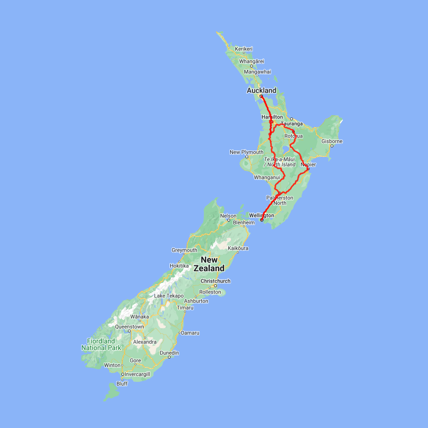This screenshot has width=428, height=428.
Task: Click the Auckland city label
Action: pos(261,90)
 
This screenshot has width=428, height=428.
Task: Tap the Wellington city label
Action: pos(262,215)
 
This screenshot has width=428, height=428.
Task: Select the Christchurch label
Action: pos(215,281)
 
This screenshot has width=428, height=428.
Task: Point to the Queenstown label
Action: pos(129,327)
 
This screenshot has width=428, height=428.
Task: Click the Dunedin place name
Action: pos(169,353)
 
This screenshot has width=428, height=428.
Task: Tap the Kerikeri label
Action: pos(243,49)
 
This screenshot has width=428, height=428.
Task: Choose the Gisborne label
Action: pos(332,141)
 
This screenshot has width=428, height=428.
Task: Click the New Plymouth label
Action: pos(246,152)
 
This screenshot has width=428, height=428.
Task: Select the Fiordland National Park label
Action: pos(101,344)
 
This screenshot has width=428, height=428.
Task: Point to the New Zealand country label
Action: pos(212,264)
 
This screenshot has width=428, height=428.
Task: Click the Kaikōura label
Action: pos(238,248)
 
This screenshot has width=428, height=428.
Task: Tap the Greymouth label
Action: pos(185,250)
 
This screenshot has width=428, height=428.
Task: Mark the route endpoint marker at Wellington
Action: pos(262,220)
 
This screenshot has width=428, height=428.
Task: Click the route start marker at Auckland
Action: pos(261,97)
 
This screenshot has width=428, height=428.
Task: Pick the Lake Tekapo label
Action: pos(168,296)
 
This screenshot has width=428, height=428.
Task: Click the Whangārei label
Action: pos(252,61)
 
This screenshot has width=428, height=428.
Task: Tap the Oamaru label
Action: pos(190,332)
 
